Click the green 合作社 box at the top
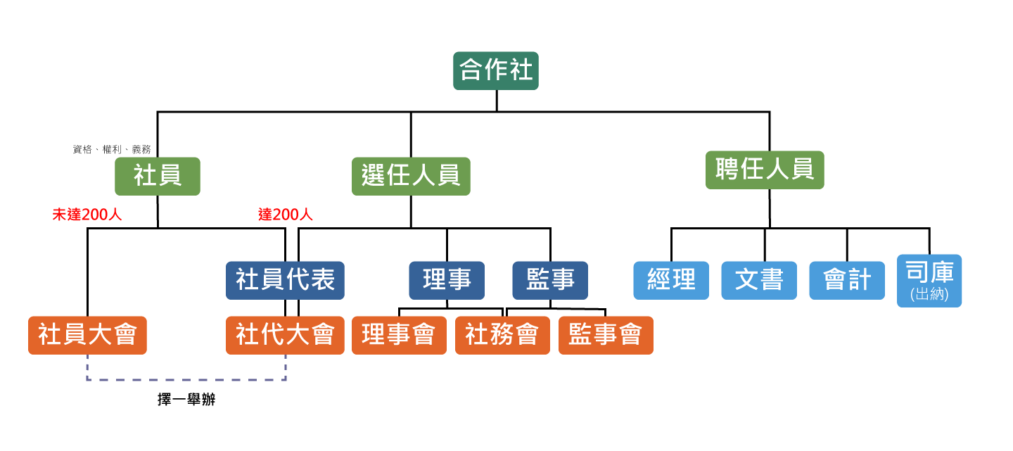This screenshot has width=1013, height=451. click(x=496, y=70)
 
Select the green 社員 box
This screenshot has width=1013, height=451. click(x=158, y=176)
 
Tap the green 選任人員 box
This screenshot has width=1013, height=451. click(x=411, y=176)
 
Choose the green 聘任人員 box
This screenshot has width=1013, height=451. click(x=765, y=170)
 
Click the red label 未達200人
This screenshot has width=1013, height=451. click(x=87, y=215)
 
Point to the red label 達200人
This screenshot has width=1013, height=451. click(x=286, y=215)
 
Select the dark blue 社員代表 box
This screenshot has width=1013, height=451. click(x=285, y=280)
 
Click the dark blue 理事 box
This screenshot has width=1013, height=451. click(x=447, y=280)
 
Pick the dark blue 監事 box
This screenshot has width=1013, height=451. click(x=550, y=280)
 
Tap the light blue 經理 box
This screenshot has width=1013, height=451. click(x=671, y=280)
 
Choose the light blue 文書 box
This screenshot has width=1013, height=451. click(x=759, y=280)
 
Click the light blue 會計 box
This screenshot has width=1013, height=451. click(x=847, y=280)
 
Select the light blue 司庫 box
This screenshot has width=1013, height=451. click(x=929, y=274)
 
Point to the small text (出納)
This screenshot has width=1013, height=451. click(x=929, y=295)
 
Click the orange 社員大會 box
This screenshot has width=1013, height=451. click(x=87, y=335)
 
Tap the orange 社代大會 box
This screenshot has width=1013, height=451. click(x=285, y=335)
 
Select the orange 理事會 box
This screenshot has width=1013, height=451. click(x=399, y=335)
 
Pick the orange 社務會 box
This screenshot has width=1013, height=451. click(x=502, y=335)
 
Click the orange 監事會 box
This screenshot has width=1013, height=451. click(x=606, y=335)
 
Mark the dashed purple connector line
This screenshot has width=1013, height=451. click(x=186, y=380)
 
